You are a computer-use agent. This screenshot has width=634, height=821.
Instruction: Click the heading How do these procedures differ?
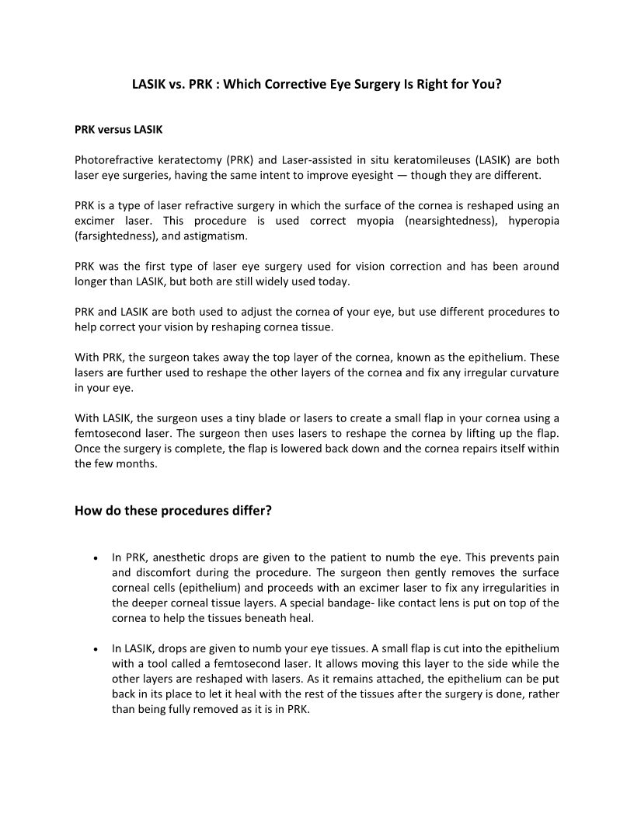coord(173,512)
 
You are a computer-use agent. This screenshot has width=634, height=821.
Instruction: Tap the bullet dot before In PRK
coord(94,558)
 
